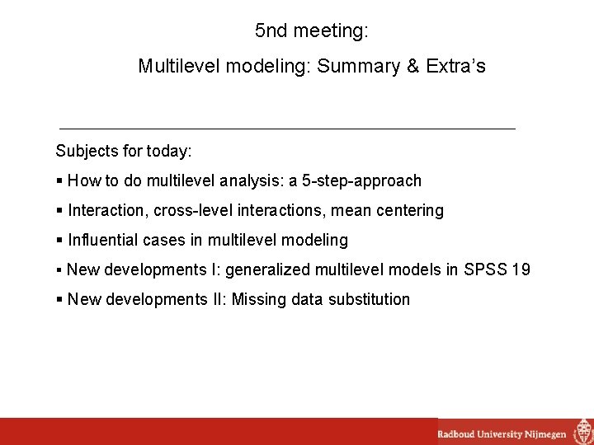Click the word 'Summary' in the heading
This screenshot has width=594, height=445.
tap(357, 66)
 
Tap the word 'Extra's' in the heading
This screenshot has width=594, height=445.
tap(456, 66)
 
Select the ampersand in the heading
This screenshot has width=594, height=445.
tap(412, 66)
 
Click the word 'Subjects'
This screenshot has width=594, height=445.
tap(86, 152)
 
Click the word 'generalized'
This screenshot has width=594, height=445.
tap(267, 269)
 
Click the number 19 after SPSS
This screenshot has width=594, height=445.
tap(521, 269)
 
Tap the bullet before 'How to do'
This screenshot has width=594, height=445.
tap(59, 180)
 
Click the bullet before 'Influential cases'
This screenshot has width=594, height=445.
tap(59, 240)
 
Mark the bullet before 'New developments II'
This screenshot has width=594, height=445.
tap(59, 299)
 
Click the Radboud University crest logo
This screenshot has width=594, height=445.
tap(582, 432)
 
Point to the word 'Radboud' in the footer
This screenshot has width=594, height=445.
tap(456, 433)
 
